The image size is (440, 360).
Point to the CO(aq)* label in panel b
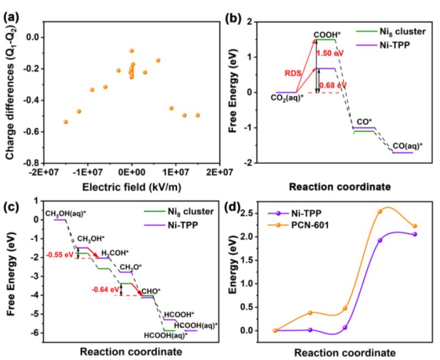click(x=410, y=146)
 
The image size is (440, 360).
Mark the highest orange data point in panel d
click(x=380, y=211)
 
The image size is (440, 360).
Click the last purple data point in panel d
click(x=415, y=234)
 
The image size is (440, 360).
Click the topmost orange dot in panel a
click(x=132, y=51)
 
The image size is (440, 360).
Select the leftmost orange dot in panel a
click(x=66, y=121)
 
